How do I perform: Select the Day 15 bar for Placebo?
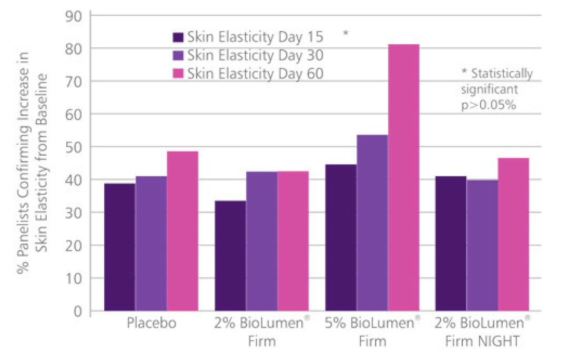119,247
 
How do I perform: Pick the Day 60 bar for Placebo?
182,231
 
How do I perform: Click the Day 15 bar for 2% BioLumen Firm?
230,256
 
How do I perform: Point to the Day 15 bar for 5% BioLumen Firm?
341,237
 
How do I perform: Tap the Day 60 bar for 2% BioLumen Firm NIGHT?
513,234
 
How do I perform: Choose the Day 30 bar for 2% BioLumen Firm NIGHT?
482,245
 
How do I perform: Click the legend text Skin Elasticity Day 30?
255,55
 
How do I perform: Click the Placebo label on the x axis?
151,323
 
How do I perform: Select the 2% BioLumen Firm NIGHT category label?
482,332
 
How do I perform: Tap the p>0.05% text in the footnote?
487,105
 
